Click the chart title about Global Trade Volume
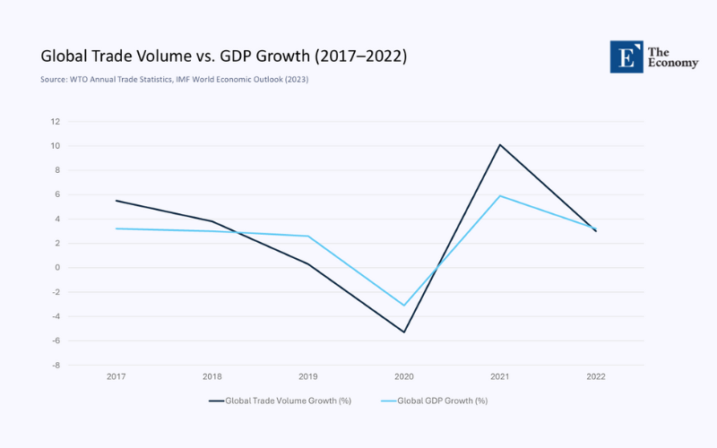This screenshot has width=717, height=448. [x=223, y=56]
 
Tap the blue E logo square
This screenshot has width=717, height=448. [x=626, y=56]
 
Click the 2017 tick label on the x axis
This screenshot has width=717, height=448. [x=116, y=376]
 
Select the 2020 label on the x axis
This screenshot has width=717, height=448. [x=403, y=376]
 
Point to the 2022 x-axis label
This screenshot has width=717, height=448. [x=595, y=376]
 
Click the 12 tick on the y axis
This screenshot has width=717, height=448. [x=55, y=122]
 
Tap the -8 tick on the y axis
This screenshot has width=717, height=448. [x=55, y=366]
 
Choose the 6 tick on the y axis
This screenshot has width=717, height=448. [x=56, y=194]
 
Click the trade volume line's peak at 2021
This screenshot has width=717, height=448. [x=499, y=144]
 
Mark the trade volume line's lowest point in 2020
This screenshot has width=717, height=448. [x=403, y=332]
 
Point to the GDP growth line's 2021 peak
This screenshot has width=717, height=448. [x=499, y=195]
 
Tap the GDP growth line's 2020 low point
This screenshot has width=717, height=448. [x=403, y=306]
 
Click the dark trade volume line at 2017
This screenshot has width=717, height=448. [x=116, y=201]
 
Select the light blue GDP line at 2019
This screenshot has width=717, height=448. [x=307, y=236]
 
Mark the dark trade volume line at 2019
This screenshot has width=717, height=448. [x=307, y=263]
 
